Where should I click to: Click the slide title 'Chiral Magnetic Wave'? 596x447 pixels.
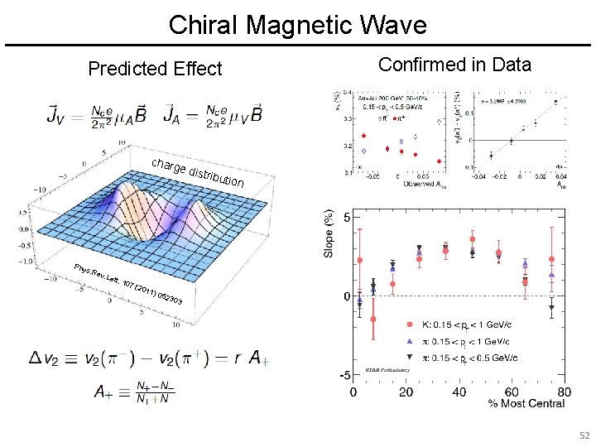point(297,25)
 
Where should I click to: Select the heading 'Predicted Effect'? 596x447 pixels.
point(155,69)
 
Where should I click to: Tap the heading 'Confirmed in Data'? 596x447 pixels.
point(454,65)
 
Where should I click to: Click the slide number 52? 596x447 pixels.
point(584,435)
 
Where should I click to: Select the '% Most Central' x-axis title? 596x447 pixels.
point(526,403)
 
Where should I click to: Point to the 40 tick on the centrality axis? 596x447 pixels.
point(459,392)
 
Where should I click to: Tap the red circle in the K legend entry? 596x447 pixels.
point(410,324)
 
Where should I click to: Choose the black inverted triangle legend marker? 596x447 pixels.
point(410,358)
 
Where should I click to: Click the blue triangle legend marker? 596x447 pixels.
point(410,341)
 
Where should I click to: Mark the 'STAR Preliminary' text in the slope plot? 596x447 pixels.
point(384,371)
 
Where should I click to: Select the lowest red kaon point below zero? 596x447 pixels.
point(373,319)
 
